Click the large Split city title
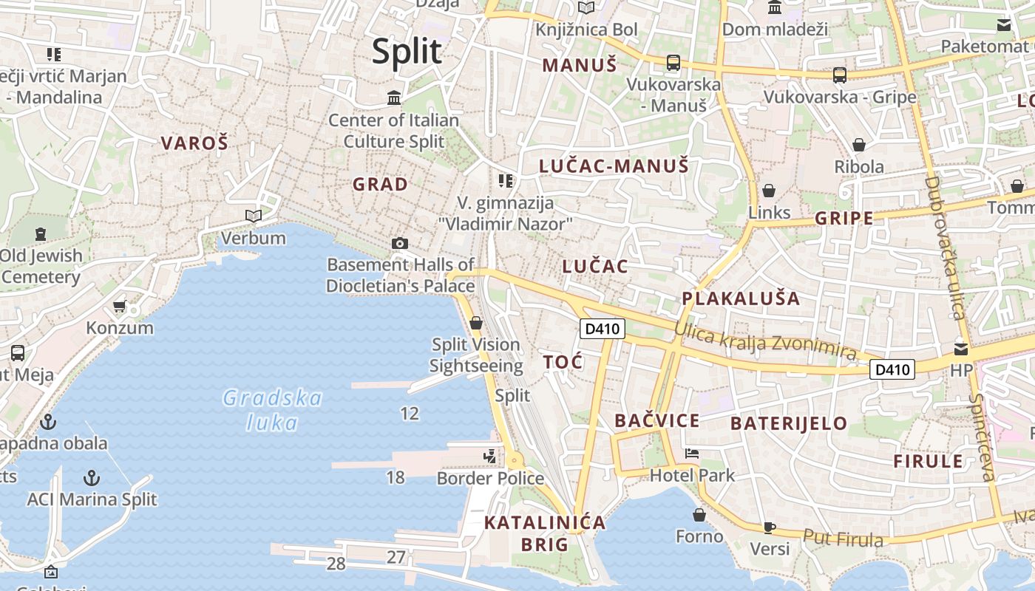pyautogui.click(x=407, y=52)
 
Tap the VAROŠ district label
pyautogui.click(x=194, y=143)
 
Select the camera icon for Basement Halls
pyautogui.click(x=399, y=243)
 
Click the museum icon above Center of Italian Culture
pyautogui.click(x=394, y=98)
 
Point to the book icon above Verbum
pyautogui.click(x=254, y=216)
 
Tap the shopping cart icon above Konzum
pyautogui.click(x=119, y=306)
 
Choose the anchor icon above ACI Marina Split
pyautogui.click(x=92, y=477)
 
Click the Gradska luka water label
pyautogui.click(x=272, y=410)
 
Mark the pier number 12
pyautogui.click(x=410, y=414)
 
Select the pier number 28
pyautogui.click(x=336, y=564)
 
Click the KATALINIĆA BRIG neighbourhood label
pyautogui.click(x=545, y=533)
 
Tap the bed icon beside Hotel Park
pyautogui.click(x=692, y=453)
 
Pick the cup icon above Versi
pyautogui.click(x=770, y=527)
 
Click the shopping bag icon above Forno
pyautogui.click(x=699, y=515)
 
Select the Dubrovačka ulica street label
pyautogui.click(x=945, y=247)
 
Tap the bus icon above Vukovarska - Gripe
pyautogui.click(x=839, y=75)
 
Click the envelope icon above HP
pyautogui.click(x=960, y=348)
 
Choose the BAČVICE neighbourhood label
pyautogui.click(x=656, y=421)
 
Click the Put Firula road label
pyautogui.click(x=843, y=539)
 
